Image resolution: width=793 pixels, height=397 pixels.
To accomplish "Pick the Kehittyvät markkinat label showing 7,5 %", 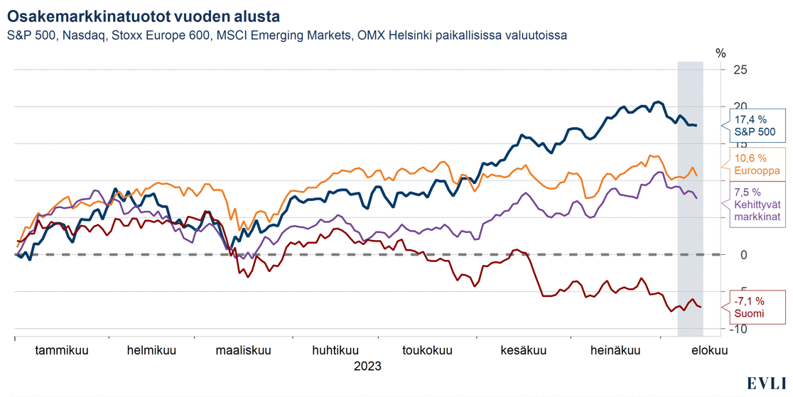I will point(757,203).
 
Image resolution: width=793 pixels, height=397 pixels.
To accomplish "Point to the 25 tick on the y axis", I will point(740,70).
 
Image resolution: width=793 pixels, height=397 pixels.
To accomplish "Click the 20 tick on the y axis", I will point(740,107).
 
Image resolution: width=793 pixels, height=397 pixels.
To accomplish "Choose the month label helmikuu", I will point(151,350).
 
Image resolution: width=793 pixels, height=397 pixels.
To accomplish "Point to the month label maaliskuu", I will point(244,350).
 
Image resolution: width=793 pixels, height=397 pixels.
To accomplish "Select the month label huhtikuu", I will point(335,350).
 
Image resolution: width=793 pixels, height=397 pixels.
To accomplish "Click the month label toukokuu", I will point(428,350).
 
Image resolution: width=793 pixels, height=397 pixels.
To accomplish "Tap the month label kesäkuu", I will point(523,350).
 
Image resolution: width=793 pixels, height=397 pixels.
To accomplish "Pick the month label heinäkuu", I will point(616,350).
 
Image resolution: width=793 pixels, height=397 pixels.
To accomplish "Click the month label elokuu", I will point(711,350).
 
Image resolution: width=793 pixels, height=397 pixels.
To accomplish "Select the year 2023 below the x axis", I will point(367,366).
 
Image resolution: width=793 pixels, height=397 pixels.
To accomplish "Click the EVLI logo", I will point(766,384).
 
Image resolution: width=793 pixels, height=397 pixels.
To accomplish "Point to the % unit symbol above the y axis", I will point(721,53).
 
